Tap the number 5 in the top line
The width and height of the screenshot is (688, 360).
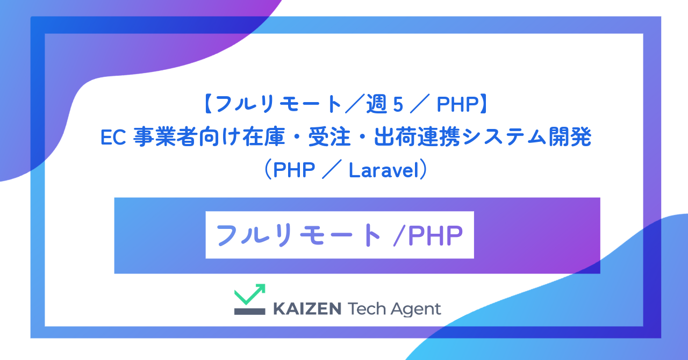pos(398,105)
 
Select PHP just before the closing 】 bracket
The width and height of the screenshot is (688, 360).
pos(456,105)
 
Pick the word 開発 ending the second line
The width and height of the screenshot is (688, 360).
pos(570,138)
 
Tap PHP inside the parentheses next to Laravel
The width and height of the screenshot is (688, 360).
pos(295,170)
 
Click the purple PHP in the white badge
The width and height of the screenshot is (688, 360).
pos(435,235)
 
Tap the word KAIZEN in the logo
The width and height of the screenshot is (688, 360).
pos(307,309)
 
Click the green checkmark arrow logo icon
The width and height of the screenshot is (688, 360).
pos(249,293)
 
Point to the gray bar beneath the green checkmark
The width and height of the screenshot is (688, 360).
pos(249,311)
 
